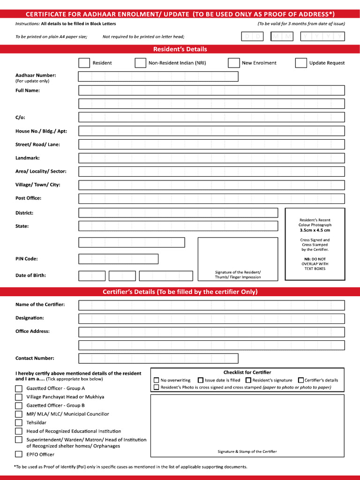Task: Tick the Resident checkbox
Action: (84, 63)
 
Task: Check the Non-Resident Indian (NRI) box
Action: (140, 63)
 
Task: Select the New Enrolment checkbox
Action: (234, 63)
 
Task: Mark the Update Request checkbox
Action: (301, 63)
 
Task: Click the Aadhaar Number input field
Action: (158, 76)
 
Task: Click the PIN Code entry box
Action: (118, 259)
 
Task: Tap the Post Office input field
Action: (211, 199)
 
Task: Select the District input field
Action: (178, 213)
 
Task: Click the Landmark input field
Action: (211, 158)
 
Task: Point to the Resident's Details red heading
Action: (180, 49)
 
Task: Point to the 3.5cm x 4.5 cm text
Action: (315, 230)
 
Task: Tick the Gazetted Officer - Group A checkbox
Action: (19, 389)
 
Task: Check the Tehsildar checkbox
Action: (19, 423)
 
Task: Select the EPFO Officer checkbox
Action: (19, 454)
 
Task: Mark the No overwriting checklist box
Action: (157, 380)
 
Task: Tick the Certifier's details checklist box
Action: (301, 380)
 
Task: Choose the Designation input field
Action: (211, 319)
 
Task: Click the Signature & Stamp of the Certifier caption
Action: (247, 451)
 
